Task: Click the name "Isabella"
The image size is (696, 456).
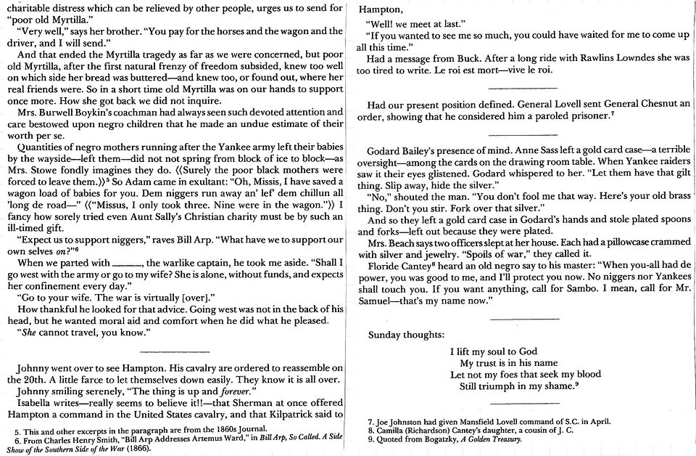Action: (x=37, y=403)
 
